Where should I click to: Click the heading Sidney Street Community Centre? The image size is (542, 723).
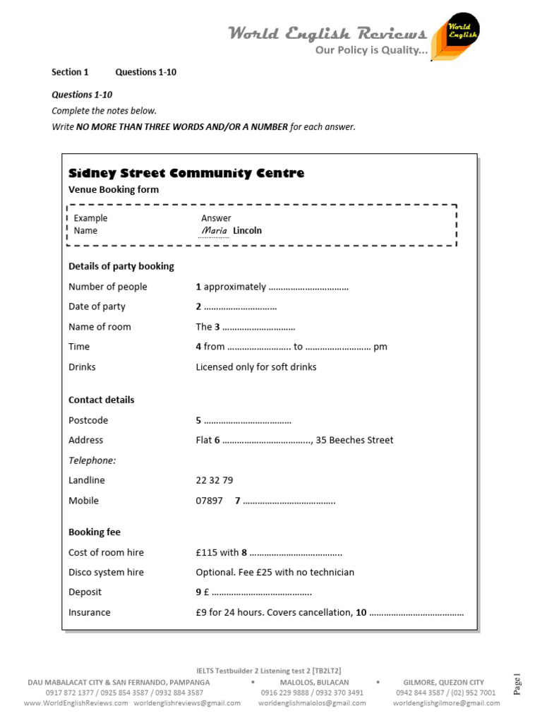coord(186,173)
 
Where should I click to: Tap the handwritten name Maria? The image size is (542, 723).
coord(215,231)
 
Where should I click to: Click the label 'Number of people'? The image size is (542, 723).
coord(108,287)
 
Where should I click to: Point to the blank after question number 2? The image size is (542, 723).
coord(240,307)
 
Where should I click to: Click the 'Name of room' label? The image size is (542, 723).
coord(100,327)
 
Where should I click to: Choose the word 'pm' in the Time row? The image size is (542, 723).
coord(380,347)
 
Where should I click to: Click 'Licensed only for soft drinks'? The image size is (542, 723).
coord(256,367)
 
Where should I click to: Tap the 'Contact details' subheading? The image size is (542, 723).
coord(101,400)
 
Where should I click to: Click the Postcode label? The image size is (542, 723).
coord(88,420)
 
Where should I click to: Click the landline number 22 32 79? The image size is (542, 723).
coord(214,480)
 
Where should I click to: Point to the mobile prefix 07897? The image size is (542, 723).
coord(209,501)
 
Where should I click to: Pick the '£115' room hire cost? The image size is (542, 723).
coord(207,553)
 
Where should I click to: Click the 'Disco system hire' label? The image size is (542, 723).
coord(106,573)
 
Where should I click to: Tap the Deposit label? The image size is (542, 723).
coord(85,592)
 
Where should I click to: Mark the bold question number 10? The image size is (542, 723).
coord(361,613)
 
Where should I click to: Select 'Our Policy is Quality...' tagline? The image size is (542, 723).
coord(371,50)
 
